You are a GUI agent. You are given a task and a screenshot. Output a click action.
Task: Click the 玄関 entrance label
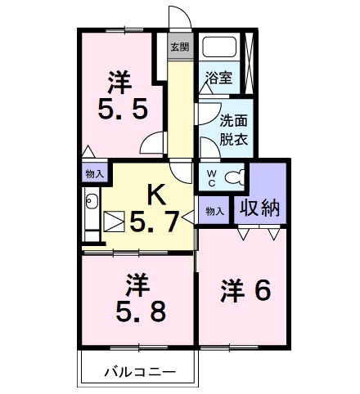[179, 47]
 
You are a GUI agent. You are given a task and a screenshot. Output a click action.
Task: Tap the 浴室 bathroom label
[218, 79]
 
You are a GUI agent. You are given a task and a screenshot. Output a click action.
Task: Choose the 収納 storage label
[259, 208]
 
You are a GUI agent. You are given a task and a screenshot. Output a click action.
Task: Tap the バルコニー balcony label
[139, 372]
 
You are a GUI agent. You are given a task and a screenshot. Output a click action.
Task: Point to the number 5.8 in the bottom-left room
[138, 311]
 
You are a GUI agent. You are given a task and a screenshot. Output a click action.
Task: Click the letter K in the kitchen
[155, 194]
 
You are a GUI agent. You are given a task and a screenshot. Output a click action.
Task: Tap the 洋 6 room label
[245, 292]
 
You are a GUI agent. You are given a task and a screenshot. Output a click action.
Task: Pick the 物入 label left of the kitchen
[95, 173]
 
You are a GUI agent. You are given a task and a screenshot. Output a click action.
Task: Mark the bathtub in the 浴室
[218, 49]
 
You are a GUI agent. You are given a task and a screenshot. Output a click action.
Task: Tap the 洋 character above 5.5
[121, 82]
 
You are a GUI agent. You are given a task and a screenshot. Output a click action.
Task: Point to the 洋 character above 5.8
[137, 286]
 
